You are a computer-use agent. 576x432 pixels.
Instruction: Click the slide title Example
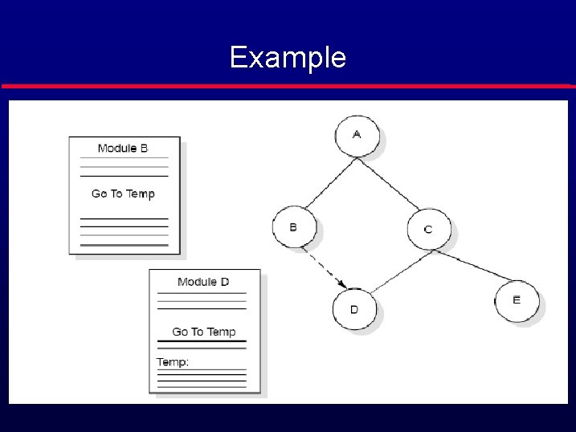[x=288, y=58]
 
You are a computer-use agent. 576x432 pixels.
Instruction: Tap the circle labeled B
[x=293, y=227]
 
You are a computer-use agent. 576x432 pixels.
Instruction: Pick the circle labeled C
[x=427, y=230]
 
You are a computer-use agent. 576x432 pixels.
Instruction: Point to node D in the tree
[x=353, y=309]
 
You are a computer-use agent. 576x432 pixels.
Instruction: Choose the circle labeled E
[x=516, y=300]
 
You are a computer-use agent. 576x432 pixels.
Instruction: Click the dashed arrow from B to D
[x=323, y=267]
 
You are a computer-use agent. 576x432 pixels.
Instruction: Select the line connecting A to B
[x=325, y=184]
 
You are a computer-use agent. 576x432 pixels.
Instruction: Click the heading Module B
[x=123, y=149]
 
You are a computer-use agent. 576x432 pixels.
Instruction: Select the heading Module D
[x=203, y=282]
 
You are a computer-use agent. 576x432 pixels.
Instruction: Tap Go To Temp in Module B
[x=123, y=194]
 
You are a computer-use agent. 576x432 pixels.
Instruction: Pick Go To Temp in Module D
[x=204, y=332]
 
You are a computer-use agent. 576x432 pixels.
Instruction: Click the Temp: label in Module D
[x=173, y=362]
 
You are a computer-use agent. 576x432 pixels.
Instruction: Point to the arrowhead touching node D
[x=342, y=284]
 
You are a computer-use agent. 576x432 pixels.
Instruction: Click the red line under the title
[x=288, y=85]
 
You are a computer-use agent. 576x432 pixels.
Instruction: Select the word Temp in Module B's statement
[x=140, y=194]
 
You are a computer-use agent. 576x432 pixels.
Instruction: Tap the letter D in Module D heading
[x=225, y=282]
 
